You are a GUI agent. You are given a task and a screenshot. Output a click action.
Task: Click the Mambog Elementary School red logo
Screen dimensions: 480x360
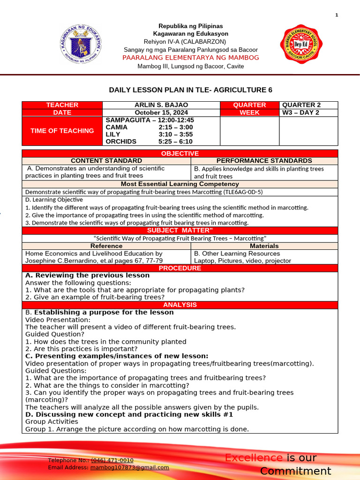[x=299, y=45]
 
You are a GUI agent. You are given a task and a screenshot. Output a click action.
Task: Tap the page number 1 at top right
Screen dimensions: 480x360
[x=337, y=15]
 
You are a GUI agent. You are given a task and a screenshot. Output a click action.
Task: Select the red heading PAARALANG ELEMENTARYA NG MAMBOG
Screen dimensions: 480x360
[x=190, y=58]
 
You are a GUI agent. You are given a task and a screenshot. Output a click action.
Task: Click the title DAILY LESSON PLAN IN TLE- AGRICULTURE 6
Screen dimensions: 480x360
[x=190, y=90]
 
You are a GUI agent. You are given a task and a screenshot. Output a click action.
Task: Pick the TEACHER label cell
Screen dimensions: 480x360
[x=62, y=105]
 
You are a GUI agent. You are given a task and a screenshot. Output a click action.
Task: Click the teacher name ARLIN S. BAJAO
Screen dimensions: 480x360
[x=161, y=105]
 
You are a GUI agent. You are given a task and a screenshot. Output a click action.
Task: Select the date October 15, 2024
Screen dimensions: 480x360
[x=161, y=112]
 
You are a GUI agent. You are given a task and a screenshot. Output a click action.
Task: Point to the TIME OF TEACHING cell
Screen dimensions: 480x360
[x=62, y=131]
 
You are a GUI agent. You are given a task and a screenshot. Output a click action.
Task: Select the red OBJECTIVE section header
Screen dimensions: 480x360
[x=180, y=154]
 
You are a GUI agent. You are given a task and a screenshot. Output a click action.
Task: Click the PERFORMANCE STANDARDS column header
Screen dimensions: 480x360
[x=264, y=161]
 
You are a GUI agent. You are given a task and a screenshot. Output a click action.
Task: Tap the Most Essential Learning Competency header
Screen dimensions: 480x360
[x=180, y=184]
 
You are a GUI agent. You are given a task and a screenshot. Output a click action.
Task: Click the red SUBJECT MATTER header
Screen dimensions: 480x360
[x=180, y=230]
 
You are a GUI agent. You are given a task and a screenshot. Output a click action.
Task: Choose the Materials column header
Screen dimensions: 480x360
[x=264, y=246]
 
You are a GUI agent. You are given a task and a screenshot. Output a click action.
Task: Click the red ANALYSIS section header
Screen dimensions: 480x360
[x=180, y=305]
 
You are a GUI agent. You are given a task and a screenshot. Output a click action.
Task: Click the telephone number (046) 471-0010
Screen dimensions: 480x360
[x=112, y=460]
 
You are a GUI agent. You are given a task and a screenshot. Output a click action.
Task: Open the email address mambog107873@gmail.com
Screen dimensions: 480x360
[x=129, y=467]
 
